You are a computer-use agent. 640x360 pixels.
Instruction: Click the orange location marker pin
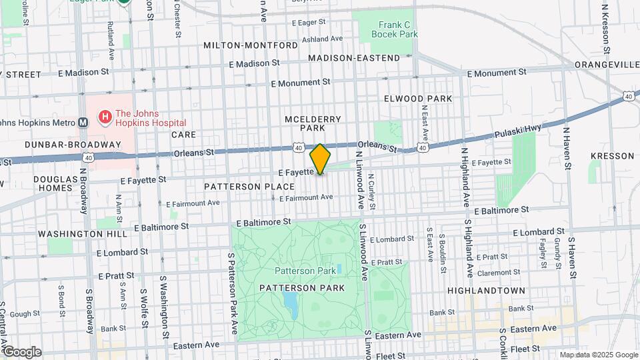(x=320, y=159)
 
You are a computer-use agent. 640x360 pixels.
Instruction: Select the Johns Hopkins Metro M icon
(x=83, y=123)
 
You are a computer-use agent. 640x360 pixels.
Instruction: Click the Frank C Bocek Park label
(x=394, y=29)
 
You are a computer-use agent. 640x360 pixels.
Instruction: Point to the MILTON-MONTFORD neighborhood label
(x=251, y=45)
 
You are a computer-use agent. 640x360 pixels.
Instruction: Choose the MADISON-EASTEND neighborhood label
(x=354, y=58)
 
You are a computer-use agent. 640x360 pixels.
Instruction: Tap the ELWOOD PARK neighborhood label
(x=418, y=99)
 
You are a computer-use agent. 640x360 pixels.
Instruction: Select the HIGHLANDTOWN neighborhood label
(x=486, y=291)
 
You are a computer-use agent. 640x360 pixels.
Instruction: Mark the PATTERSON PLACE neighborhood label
(x=249, y=187)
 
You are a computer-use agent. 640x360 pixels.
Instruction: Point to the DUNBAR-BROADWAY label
(x=64, y=145)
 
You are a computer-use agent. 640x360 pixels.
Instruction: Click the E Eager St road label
(x=313, y=23)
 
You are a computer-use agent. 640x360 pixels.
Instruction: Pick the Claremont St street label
(x=508, y=273)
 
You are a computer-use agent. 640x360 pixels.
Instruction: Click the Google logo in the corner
(x=21, y=351)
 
